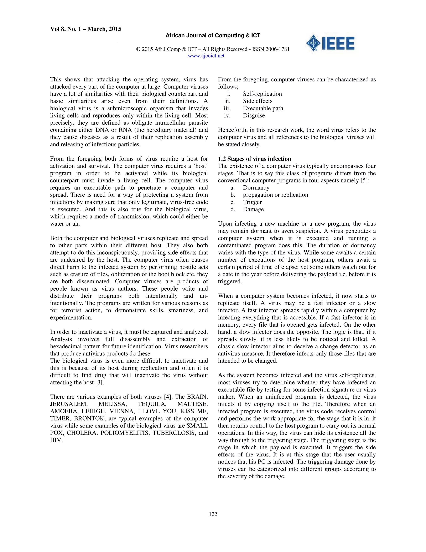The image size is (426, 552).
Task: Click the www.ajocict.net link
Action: (206, 56)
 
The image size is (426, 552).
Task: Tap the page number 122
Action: (213, 514)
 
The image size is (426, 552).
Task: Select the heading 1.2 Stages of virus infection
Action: (254, 159)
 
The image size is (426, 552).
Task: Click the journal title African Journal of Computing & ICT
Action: (213, 36)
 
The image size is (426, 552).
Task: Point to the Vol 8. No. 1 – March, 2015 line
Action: (85, 29)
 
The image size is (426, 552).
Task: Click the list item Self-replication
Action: (262, 94)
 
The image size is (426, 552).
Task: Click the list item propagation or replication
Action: (275, 195)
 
